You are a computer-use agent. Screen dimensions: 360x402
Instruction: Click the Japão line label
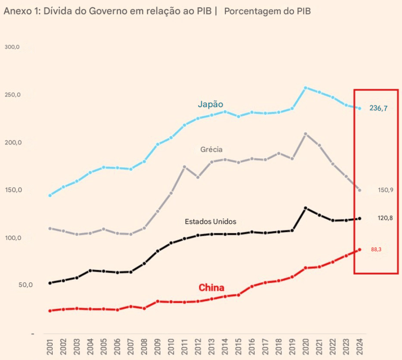(x=211, y=104)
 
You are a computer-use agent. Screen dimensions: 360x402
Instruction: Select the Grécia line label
(x=212, y=149)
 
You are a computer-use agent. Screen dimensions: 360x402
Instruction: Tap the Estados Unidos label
(x=211, y=221)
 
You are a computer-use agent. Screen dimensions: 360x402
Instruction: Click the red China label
(x=212, y=288)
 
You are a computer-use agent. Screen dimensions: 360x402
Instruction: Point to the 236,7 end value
(x=378, y=108)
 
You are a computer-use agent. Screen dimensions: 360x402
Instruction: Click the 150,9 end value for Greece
(x=385, y=190)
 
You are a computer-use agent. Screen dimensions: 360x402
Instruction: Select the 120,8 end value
(x=385, y=218)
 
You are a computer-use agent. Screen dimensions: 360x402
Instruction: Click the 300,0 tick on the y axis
(x=12, y=47)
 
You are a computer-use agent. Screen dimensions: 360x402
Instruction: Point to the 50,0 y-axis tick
(x=12, y=285)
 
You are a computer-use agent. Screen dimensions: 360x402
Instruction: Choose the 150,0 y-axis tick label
(x=12, y=190)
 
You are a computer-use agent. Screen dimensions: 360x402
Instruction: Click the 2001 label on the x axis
(x=50, y=346)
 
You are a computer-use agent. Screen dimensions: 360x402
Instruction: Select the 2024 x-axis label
(x=359, y=346)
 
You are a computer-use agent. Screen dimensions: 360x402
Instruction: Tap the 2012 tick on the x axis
(x=198, y=346)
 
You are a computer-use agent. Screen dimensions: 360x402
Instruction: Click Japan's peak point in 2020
(x=306, y=88)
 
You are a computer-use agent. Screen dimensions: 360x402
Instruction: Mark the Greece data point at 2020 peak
(x=306, y=134)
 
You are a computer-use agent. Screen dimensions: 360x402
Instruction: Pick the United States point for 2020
(x=306, y=208)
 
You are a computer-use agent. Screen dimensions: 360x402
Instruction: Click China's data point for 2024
(x=359, y=250)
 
